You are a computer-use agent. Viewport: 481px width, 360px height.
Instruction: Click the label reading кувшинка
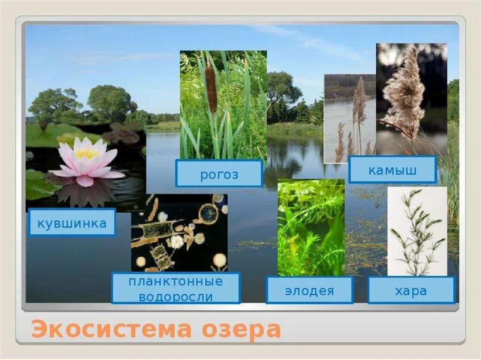[x=72, y=222]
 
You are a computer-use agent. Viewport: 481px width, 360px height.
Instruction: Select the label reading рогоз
[x=219, y=174]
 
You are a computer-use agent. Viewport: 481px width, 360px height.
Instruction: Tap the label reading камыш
[x=392, y=169]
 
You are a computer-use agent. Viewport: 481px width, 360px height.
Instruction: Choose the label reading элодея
[x=309, y=290]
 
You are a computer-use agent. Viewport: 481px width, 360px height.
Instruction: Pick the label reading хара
[x=411, y=290]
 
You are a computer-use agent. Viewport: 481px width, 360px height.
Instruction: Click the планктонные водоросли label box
[x=176, y=289]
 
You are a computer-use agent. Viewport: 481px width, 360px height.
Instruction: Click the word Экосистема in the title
[x=111, y=329]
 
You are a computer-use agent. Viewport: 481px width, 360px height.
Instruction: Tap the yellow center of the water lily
[x=86, y=153]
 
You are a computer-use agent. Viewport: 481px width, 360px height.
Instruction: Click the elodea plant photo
[x=310, y=227]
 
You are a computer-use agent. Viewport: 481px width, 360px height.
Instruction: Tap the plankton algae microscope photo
[x=179, y=232]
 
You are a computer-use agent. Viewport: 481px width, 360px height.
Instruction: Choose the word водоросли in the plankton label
[x=176, y=297]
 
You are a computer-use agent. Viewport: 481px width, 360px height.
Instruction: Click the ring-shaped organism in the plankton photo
[x=208, y=214]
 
